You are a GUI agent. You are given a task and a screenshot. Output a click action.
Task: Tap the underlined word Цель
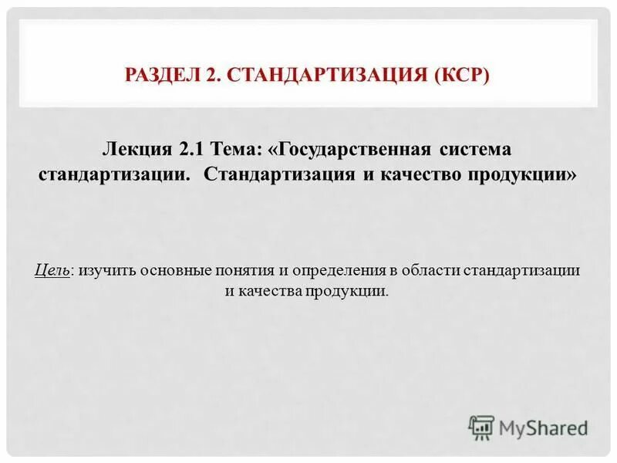[52, 271]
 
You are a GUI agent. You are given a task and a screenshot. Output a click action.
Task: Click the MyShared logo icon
[481, 427]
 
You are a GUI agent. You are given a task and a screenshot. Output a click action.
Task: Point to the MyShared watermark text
[544, 428]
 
